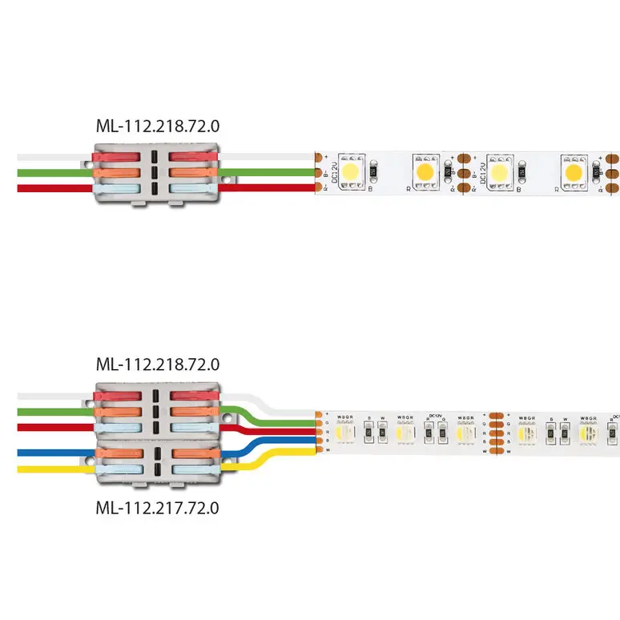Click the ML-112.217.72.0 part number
157,507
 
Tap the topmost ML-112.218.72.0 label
157,126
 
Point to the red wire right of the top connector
272,188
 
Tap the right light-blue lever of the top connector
193,187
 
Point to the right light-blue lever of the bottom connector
193,471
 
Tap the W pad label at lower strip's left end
328,452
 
